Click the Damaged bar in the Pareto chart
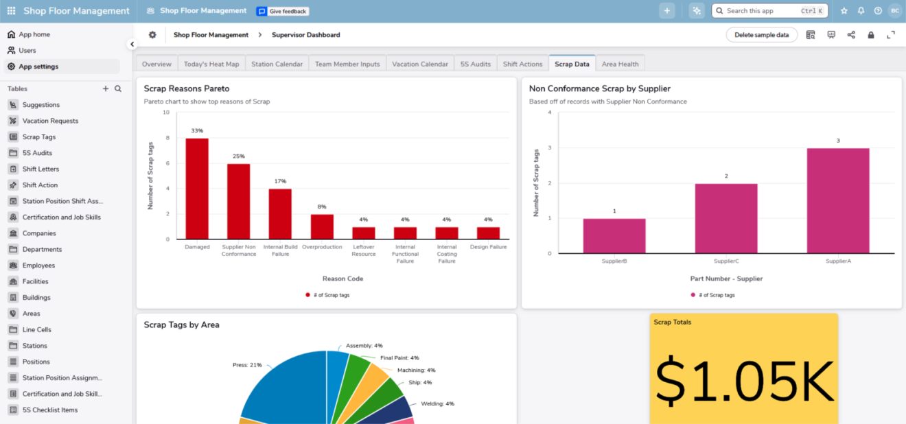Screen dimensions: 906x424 197,189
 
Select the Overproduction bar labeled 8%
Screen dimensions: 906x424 322,226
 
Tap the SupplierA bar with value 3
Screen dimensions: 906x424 837,201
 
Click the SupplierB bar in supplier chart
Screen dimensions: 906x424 614,236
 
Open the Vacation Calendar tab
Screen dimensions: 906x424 419,64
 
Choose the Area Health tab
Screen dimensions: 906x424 620,64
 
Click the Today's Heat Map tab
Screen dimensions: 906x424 211,64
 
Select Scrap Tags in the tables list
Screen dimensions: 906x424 39,137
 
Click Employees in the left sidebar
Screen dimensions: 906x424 38,266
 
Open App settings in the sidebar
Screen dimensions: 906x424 38,67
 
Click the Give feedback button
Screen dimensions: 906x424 283,11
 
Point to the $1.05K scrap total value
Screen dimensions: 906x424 744,381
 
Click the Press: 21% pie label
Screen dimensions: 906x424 247,365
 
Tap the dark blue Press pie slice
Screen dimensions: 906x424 288,391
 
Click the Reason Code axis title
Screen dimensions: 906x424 342,279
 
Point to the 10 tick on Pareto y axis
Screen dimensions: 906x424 165,113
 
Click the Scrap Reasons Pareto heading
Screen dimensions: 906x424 186,89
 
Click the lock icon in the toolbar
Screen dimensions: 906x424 871,35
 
